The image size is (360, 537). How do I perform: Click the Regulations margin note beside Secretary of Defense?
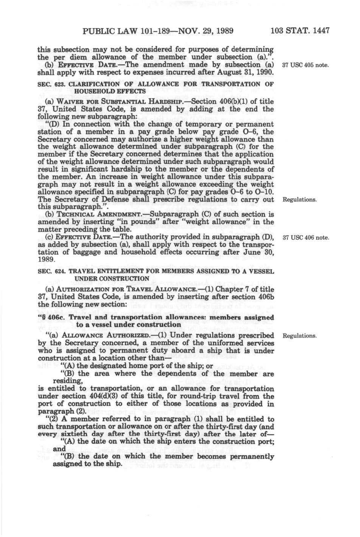[299, 200]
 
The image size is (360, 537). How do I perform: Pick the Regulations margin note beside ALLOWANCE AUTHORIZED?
[299, 336]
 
